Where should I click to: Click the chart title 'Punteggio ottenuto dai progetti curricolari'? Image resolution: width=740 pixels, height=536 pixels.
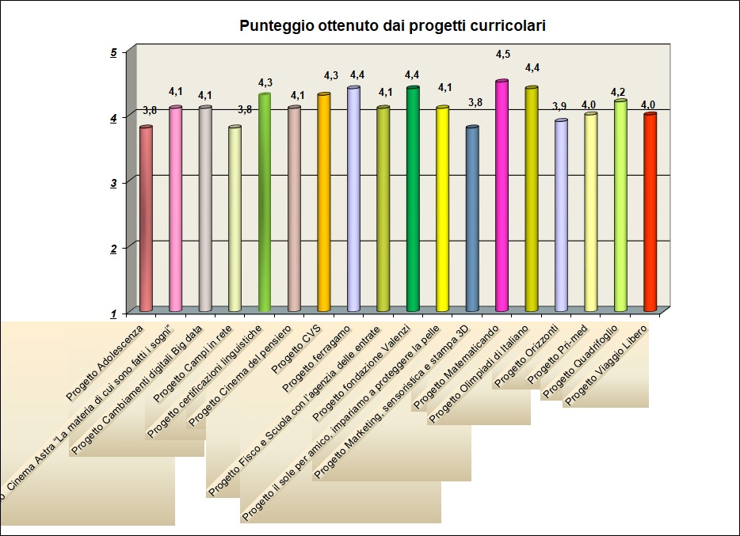(x=393, y=26)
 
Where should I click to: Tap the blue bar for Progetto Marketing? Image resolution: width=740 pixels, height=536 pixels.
(x=472, y=218)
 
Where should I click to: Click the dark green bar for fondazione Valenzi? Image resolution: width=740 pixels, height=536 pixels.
(x=413, y=199)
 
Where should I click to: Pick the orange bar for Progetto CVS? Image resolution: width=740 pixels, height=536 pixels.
(x=323, y=202)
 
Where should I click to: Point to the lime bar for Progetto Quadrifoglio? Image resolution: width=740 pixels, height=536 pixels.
(x=620, y=206)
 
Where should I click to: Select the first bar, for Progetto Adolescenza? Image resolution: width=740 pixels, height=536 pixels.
(x=146, y=218)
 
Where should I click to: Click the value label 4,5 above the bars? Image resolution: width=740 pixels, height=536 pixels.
(x=503, y=54)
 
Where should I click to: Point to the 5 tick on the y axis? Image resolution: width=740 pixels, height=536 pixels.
(x=113, y=52)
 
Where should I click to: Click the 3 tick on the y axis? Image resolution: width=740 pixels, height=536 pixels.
(x=113, y=182)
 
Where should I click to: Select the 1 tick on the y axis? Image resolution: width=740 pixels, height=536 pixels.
(x=113, y=312)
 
